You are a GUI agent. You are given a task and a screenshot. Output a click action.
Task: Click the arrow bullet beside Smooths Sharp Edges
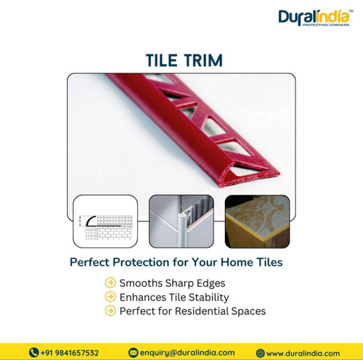pyautogui.click(x=110, y=282)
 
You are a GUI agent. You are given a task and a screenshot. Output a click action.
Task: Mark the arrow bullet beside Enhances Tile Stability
pyautogui.click(x=110, y=297)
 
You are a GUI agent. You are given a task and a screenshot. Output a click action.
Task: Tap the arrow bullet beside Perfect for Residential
pyautogui.click(x=110, y=311)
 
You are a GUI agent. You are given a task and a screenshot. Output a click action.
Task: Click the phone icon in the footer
pyautogui.click(x=33, y=353)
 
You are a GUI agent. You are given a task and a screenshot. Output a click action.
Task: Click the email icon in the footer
pyautogui.click(x=133, y=353)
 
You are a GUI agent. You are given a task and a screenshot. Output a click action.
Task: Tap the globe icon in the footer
pyautogui.click(x=260, y=353)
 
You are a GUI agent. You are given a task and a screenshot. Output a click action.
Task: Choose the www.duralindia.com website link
pyautogui.click(x=303, y=353)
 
